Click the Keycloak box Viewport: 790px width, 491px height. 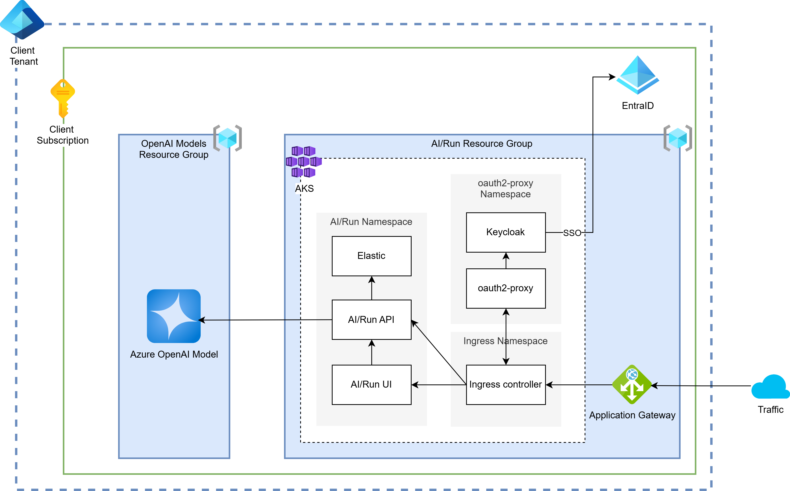click(506, 232)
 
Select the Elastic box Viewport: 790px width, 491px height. click(371, 256)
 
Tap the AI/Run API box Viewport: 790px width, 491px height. click(371, 320)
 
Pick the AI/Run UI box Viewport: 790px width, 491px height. click(371, 384)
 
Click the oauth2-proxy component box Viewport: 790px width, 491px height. click(506, 288)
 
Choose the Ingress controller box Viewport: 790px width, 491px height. click(506, 384)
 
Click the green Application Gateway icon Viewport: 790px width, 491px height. click(632, 384)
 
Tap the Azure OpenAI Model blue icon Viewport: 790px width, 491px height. click(174, 316)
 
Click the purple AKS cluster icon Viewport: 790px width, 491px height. click(304, 162)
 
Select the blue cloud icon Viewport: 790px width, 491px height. click(770, 387)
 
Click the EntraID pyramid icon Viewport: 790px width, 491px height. click(638, 75)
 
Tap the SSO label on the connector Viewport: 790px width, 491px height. click(572, 233)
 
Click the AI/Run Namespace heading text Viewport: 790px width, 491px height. click(371, 222)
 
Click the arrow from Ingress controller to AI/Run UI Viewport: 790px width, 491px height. click(439, 385)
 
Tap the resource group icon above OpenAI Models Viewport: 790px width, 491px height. click(228, 138)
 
